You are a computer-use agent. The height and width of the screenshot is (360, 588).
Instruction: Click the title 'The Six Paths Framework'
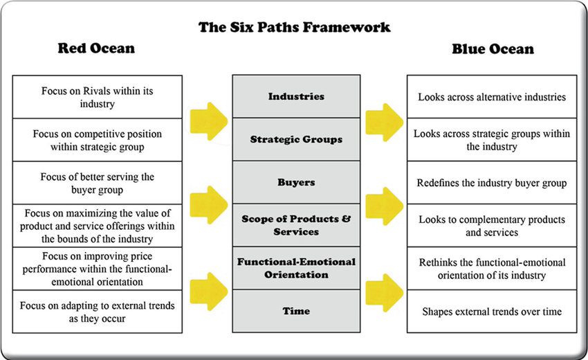pos(295,28)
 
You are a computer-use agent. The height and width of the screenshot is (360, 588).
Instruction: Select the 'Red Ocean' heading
pos(96,48)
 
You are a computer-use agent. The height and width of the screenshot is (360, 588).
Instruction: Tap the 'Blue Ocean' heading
pos(493,48)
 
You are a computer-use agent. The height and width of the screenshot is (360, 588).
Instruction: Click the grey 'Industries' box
pos(296,96)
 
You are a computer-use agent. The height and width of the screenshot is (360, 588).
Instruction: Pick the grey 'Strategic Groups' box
pos(296,139)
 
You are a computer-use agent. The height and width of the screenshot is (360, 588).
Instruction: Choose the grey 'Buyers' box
pos(296,182)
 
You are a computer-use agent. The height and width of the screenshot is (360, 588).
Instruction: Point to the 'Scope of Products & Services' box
pos(296,225)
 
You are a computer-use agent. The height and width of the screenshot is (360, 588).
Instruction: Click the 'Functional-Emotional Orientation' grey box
pos(296,268)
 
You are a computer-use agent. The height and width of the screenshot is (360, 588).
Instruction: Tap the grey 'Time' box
pos(296,311)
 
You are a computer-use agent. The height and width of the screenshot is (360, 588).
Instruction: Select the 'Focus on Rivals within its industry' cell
pos(97,97)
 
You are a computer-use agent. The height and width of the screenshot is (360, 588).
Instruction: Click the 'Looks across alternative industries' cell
pos(492,97)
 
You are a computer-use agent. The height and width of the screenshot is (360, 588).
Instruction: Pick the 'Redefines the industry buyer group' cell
pos(492,183)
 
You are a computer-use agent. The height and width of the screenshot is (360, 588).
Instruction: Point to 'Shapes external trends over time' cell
pos(492,312)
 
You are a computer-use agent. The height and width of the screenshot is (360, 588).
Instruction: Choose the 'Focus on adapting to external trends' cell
pos(97,312)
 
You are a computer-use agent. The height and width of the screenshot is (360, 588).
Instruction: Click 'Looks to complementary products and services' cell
pos(492,226)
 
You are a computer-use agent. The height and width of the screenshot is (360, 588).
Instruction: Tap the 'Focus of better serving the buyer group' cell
pos(97,183)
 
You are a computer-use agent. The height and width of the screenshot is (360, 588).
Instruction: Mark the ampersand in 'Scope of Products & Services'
pos(346,219)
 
